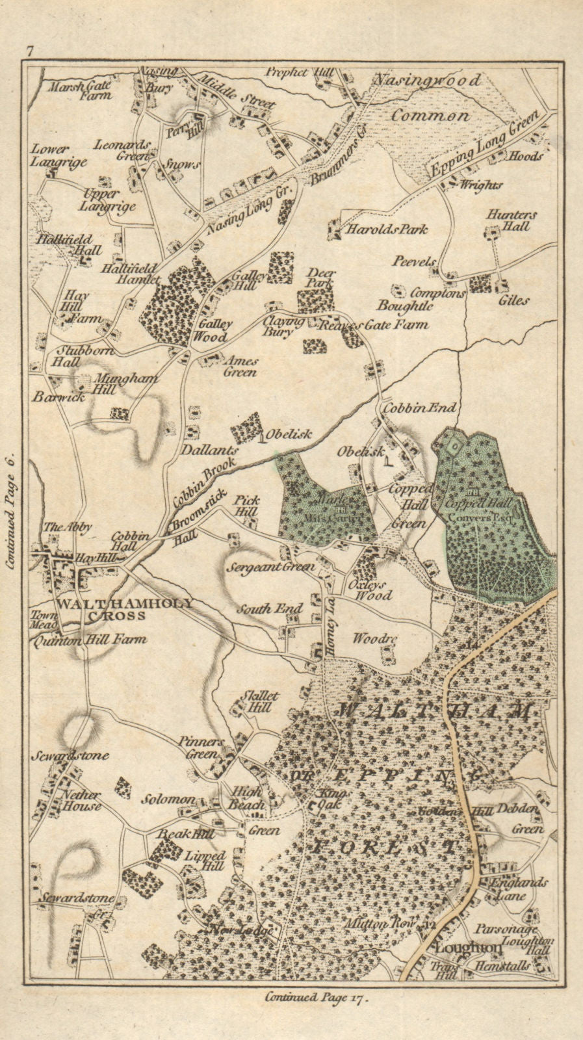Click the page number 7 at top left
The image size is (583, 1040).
[x=29, y=51]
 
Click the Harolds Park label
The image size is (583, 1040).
[x=387, y=229]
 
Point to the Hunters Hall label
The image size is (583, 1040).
[x=510, y=221]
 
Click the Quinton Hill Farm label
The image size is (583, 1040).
[x=89, y=640]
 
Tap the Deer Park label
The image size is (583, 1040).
[x=320, y=278]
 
